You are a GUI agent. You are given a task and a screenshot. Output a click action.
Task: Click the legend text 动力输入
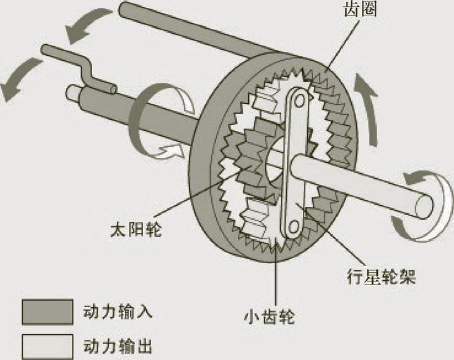click(x=117, y=312)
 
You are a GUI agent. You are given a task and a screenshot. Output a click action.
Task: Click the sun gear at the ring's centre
click(x=252, y=160)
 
